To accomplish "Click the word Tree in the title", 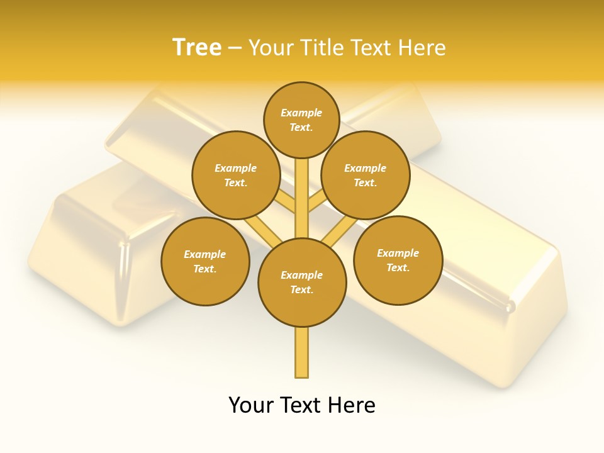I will pyautogui.click(x=197, y=48).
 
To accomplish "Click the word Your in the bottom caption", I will pyautogui.click(x=252, y=405).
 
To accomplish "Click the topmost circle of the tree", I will pyautogui.click(x=301, y=120).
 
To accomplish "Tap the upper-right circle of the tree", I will pyautogui.click(x=366, y=176).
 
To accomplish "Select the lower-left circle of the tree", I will pyautogui.click(x=205, y=261).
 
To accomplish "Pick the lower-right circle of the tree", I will pyautogui.click(x=398, y=260).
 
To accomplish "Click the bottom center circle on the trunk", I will pyautogui.click(x=302, y=282).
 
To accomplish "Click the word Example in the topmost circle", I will pyautogui.click(x=301, y=113).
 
